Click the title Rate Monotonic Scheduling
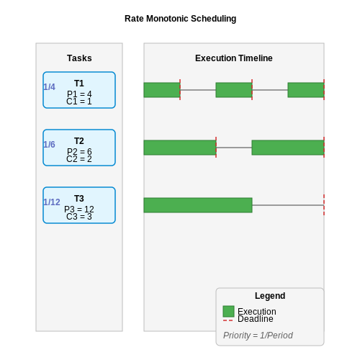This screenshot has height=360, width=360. tap(180, 19)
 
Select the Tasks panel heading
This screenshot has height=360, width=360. tap(79, 58)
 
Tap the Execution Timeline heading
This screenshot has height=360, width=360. tap(234, 58)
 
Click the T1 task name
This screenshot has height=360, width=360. tap(79, 84)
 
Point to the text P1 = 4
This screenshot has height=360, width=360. tap(79, 94)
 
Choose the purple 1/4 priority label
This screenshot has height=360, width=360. tap(49, 87)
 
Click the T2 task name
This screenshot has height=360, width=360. tap(79, 141)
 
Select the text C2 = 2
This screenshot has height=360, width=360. tap(79, 159)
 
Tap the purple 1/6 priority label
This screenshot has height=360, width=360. tap(49, 145)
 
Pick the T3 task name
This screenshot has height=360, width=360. tap(79, 199)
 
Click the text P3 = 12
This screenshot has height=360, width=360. tap(79, 210)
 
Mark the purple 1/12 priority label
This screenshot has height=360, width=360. tap(52, 202)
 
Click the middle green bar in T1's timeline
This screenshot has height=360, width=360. tap(234, 90)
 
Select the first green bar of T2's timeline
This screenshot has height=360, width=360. tap(180, 148)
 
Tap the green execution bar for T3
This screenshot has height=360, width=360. tap(198, 205)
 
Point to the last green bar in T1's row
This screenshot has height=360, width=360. tap(306, 90)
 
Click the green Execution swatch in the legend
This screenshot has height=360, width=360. tap(228, 311)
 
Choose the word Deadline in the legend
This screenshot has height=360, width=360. tap(256, 319)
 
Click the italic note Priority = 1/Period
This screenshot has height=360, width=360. tap(258, 336)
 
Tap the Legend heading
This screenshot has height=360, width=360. tap(270, 296)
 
